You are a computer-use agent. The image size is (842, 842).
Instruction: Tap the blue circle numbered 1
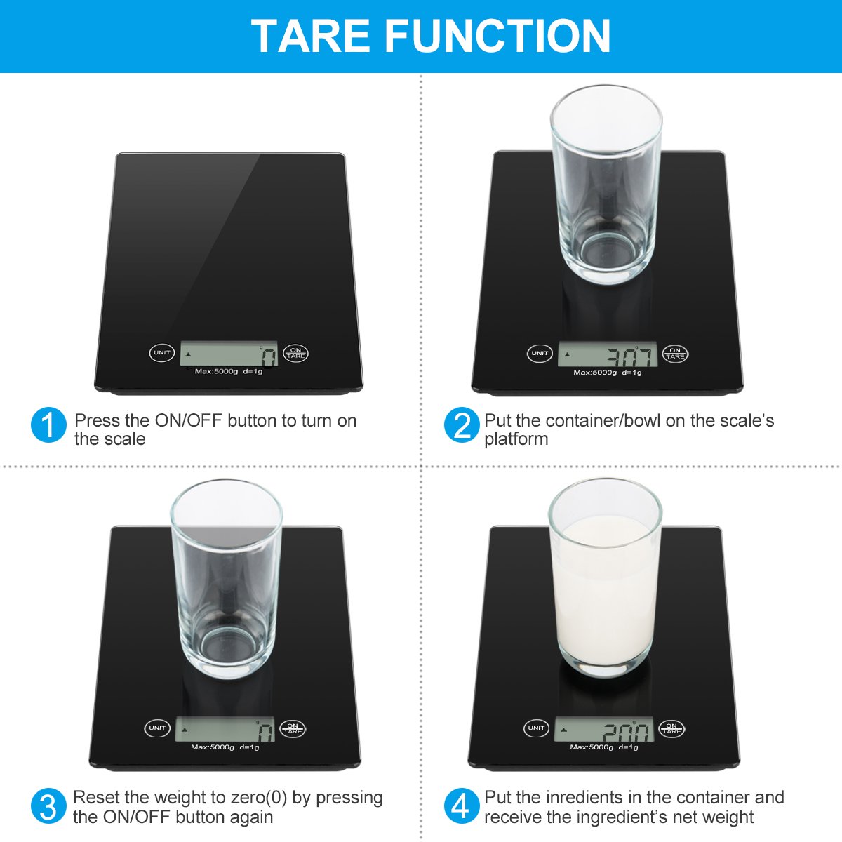click(x=48, y=425)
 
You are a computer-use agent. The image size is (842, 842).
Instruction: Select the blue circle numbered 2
click(x=461, y=425)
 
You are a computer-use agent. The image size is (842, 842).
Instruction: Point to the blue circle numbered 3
click(x=48, y=807)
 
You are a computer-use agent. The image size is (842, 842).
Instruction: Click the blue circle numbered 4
click(x=461, y=807)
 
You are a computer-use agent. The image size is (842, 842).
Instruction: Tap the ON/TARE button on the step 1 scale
click(x=296, y=353)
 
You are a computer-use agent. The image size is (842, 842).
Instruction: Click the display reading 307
click(x=608, y=354)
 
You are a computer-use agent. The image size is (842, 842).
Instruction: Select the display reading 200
click(x=604, y=730)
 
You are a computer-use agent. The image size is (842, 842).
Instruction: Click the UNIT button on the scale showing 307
click(x=540, y=353)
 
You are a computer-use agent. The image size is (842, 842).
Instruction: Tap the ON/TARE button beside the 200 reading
click(x=671, y=728)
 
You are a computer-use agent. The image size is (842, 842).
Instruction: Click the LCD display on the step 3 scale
click(x=225, y=730)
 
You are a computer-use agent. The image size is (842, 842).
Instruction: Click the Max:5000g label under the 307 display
click(x=595, y=373)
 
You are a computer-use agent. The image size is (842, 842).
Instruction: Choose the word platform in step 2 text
click(x=516, y=439)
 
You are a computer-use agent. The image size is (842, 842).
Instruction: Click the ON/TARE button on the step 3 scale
click(x=293, y=728)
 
